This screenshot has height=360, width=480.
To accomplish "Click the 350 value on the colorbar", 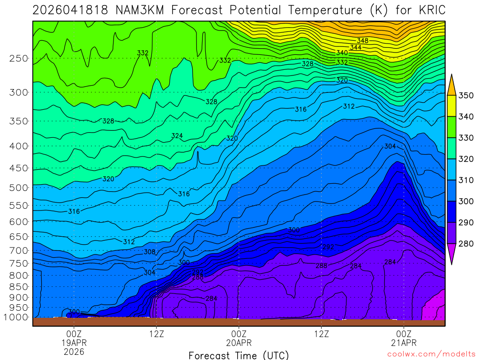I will click(466, 96).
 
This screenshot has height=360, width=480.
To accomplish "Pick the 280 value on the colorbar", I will click(466, 244).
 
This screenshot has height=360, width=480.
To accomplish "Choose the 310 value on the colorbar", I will click(466, 180).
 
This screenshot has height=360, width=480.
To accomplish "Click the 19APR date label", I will click(74, 343).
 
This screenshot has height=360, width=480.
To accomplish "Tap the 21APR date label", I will click(404, 343).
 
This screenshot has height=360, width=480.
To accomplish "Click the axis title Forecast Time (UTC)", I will click(239, 355).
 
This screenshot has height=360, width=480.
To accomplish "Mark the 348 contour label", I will click(362, 41).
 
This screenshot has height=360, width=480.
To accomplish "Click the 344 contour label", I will click(355, 47).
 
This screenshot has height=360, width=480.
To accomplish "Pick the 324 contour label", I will click(177, 136).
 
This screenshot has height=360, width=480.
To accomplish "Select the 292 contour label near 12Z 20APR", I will click(328, 247).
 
